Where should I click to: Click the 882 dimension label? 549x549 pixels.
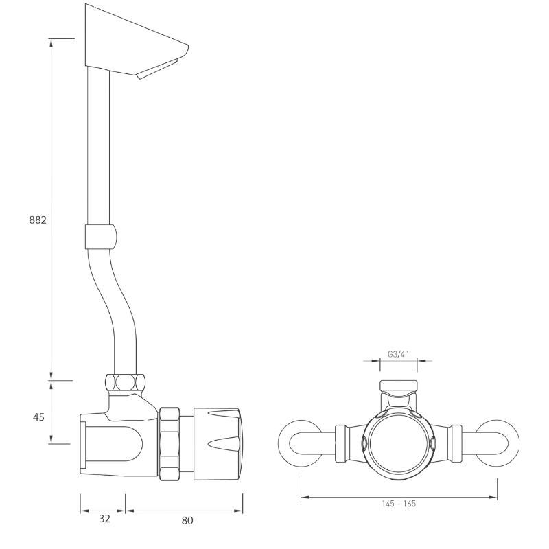tap(38, 220)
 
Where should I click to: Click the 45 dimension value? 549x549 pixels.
tap(38, 417)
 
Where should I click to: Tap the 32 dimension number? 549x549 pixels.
tap(104, 519)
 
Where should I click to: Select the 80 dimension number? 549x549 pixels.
tap(187, 521)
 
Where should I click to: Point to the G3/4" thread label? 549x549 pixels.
tap(398, 354)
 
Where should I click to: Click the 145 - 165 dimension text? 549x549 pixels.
tap(399, 504)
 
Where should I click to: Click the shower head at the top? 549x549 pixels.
tap(137, 41)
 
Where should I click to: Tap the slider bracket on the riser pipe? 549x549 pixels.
tap(101, 237)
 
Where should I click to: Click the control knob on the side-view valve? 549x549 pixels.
tap(217, 444)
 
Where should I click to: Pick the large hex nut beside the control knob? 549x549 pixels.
tap(170, 443)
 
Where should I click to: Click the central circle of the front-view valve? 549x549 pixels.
tap(399, 443)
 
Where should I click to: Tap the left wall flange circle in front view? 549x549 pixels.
tap(283, 443)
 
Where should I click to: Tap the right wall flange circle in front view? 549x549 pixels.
tap(514, 443)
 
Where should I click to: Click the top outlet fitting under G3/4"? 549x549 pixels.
tap(399, 385)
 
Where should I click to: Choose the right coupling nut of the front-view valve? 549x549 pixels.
tap(456, 443)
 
